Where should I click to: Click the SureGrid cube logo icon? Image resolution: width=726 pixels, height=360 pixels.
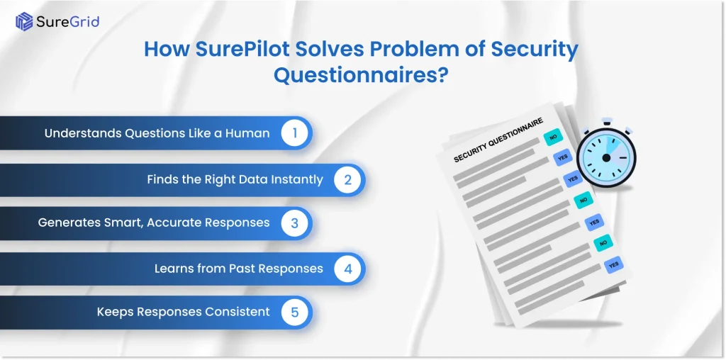tap(25, 21)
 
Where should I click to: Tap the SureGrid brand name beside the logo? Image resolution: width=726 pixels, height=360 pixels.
tap(69, 21)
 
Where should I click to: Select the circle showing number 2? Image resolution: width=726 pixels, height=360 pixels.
tap(347, 179)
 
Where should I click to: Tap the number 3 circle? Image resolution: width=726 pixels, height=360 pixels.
tap(294, 223)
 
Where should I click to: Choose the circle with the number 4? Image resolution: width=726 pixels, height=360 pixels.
tap(347, 269)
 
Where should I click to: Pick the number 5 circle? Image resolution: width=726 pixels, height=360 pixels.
tap(294, 312)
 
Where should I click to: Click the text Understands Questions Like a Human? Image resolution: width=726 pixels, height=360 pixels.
tap(157, 133)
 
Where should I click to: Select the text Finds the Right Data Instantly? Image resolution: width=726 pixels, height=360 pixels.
tap(235, 179)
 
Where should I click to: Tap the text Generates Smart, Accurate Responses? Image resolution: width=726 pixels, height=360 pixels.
tap(154, 223)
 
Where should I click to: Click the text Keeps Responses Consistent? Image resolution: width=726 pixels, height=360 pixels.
tap(183, 312)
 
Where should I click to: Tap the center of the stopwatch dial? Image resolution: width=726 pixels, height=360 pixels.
tap(605, 157)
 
